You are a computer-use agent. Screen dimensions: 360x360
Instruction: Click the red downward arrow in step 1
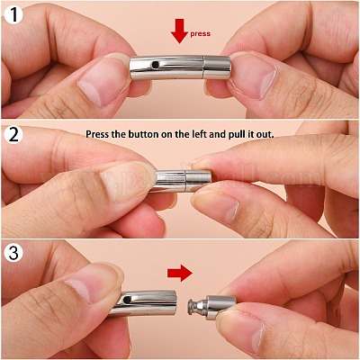pyautogui.click(x=179, y=31)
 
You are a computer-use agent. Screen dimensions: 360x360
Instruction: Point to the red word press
pyautogui.click(x=200, y=33)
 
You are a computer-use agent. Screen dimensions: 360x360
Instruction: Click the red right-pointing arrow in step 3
pyautogui.click(x=180, y=273)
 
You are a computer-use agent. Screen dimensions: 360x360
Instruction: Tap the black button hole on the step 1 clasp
pyautogui.click(x=155, y=64)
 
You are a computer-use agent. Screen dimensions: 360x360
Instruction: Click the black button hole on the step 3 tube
pyautogui.click(x=129, y=299)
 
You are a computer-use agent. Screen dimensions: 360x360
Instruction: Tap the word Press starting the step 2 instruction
pyautogui.click(x=97, y=134)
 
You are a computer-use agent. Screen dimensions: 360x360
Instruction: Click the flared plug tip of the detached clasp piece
pyautogui.click(x=190, y=307)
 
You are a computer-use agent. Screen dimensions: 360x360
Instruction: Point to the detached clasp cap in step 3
pyautogui.click(x=211, y=307)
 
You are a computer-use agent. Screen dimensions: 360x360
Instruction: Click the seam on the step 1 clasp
pyautogui.click(x=204, y=67)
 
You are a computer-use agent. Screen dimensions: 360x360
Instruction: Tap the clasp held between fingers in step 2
pyautogui.click(x=184, y=181)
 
